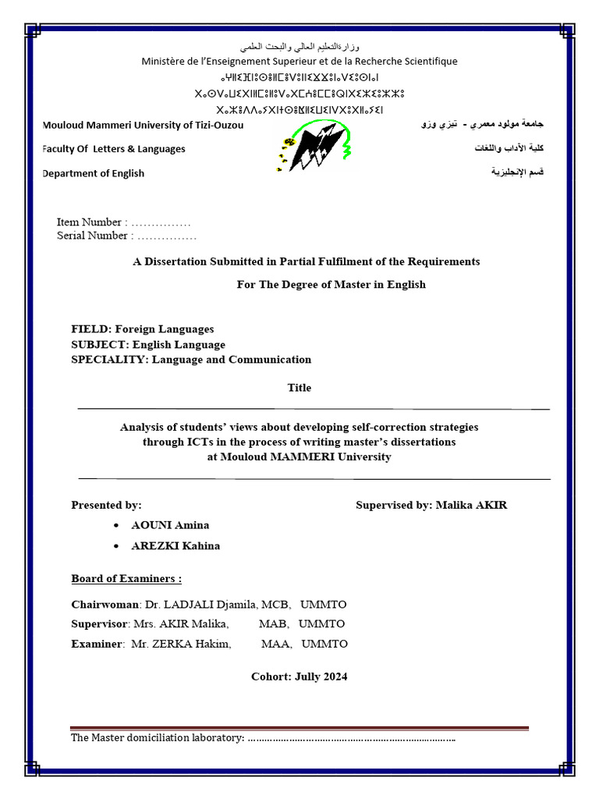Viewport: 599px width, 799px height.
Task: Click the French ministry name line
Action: click(x=299, y=61)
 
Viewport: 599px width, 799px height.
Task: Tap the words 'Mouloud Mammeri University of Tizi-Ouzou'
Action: click(x=144, y=125)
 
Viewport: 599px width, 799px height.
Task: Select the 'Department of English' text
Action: click(x=94, y=173)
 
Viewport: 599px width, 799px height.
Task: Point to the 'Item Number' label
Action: click(x=89, y=222)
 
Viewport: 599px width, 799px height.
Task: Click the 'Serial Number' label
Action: click(x=92, y=236)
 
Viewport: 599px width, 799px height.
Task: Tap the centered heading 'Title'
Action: click(x=299, y=388)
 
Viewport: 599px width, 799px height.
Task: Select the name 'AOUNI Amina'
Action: click(x=170, y=525)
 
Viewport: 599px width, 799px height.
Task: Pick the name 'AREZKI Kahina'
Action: click(x=175, y=545)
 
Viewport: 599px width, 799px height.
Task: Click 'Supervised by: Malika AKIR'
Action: click(x=431, y=505)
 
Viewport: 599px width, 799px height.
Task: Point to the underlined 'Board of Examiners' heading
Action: click(x=126, y=579)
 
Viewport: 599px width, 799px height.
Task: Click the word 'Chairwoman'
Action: click(x=105, y=605)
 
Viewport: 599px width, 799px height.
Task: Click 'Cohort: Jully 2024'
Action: click(x=299, y=676)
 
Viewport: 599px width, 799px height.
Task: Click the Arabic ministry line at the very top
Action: click(x=299, y=47)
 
